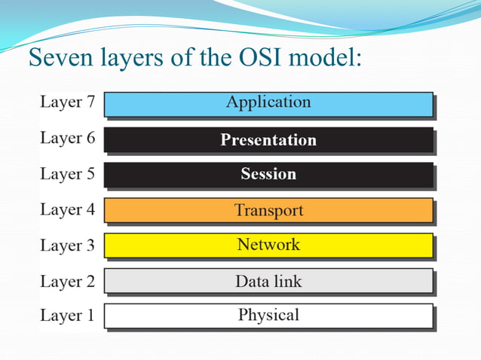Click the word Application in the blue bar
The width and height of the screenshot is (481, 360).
[268, 102]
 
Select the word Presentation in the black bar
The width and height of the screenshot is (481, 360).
[268, 140]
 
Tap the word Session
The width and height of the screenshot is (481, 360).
[268, 175]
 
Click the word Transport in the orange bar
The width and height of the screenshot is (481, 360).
[268, 210]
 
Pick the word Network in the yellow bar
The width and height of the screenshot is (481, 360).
[268, 245]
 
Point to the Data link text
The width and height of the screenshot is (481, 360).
[268, 282]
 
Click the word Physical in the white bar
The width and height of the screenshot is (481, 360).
[268, 316]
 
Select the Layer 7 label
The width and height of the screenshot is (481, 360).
[67, 102]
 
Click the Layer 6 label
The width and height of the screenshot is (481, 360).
[67, 139]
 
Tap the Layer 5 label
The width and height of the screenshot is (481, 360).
[67, 174]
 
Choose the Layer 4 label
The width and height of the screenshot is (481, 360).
[67, 210]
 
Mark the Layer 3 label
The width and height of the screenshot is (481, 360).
[67, 246]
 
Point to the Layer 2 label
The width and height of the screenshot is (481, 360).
[67, 282]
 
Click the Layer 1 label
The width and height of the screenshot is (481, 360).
[67, 316]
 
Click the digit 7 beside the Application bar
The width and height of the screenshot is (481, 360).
[90, 102]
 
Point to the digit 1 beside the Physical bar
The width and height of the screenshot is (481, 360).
[90, 316]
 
